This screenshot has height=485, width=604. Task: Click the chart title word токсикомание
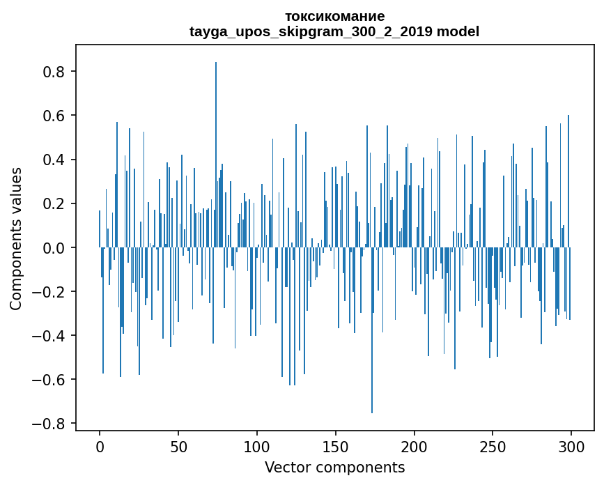334,16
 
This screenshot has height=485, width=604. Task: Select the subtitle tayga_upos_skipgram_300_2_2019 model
334,31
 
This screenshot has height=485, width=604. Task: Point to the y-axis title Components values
16,238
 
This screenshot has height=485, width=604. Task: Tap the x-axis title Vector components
334,467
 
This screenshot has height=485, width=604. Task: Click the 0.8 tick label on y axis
54,72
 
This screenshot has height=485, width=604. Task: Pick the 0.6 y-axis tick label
54,116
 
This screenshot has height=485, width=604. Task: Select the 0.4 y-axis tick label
54,160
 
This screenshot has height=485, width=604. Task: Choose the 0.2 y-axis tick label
54,203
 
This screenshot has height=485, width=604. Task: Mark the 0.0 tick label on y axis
54,247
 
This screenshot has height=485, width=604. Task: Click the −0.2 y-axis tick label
50,291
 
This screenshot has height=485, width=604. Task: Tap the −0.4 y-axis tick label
50,335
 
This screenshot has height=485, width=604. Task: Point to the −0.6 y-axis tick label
50,379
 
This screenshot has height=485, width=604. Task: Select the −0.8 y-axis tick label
50,423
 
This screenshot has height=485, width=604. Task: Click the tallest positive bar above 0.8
216,153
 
